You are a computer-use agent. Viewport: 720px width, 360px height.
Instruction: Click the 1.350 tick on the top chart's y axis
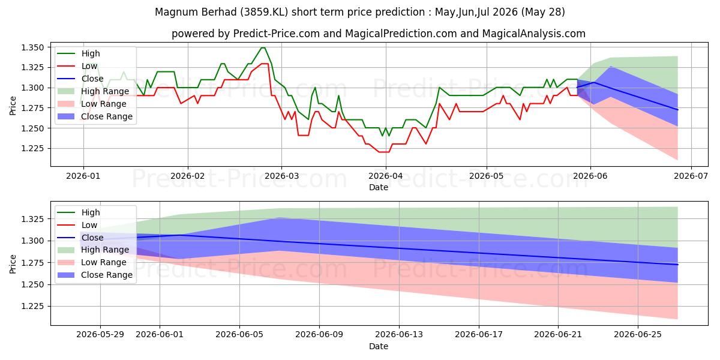(32, 47)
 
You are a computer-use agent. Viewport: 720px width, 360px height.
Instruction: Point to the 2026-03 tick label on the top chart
(281, 176)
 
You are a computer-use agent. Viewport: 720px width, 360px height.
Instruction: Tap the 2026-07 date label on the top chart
(691, 176)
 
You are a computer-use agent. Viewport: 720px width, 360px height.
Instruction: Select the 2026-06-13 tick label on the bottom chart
(399, 335)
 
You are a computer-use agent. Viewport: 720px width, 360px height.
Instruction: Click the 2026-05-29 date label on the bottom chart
(100, 335)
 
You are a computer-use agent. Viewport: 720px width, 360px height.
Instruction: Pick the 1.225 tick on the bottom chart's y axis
(32, 307)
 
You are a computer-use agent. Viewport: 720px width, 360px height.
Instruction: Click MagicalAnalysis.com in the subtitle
(533, 34)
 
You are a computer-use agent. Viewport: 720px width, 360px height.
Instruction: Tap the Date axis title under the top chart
(379, 187)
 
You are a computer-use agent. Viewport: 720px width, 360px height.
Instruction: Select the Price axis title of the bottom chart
(13, 264)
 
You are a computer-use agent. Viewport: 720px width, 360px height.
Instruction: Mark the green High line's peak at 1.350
(263, 47)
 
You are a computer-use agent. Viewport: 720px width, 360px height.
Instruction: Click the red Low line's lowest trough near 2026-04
(384, 152)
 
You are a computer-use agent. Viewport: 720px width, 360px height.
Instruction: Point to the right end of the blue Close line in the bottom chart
(677, 265)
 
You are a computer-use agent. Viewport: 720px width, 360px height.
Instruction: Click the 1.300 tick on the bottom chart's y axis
(32, 241)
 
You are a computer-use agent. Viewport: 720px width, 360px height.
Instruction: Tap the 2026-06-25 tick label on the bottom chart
(638, 335)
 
